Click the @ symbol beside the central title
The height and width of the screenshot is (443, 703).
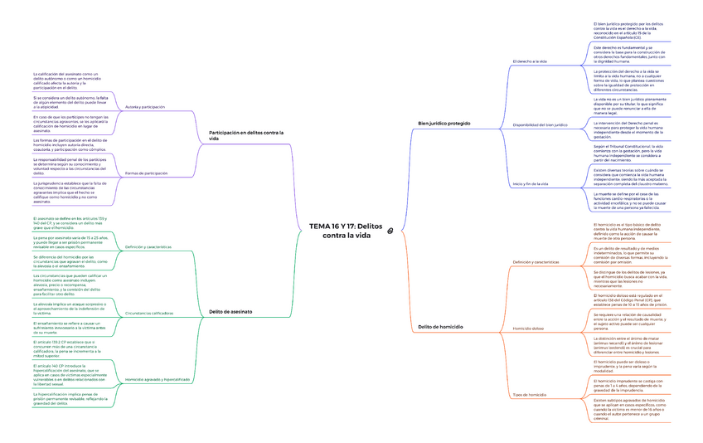[x=390, y=231]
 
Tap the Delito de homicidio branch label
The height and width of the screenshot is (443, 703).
[x=440, y=329]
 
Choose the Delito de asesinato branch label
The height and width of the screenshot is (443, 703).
[x=230, y=312]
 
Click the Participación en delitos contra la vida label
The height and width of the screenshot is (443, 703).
[x=245, y=135]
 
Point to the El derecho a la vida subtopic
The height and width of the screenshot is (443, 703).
[x=531, y=62]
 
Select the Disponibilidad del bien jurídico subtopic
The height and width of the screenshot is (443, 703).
[x=540, y=124]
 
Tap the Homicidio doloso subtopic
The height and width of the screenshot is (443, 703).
[x=528, y=329]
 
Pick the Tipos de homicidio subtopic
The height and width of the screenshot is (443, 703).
[x=530, y=394]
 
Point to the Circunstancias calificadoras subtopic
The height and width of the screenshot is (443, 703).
[x=149, y=313]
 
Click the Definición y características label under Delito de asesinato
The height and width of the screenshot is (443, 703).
[x=148, y=247]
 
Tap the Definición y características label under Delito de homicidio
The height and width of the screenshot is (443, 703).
[x=536, y=262]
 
